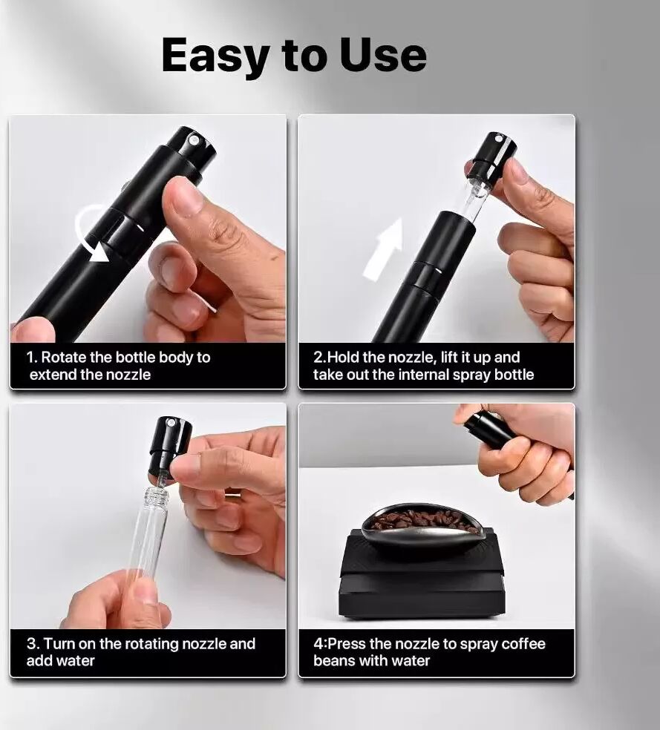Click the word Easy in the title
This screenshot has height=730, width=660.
215,56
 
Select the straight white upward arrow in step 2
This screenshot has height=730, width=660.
383,249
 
